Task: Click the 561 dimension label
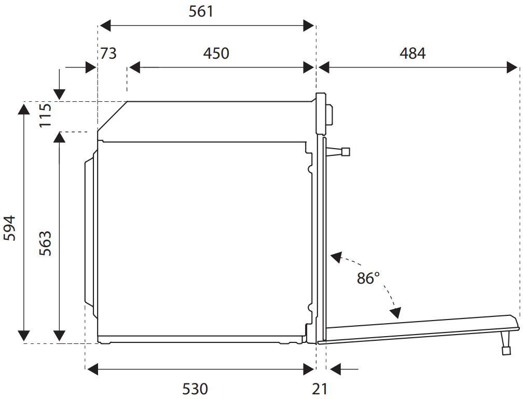click(201, 11)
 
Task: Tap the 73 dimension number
click(108, 54)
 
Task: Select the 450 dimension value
click(216, 54)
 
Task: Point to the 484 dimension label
click(412, 54)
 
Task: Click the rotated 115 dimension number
click(45, 115)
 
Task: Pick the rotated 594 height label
click(9, 228)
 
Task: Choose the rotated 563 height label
click(45, 244)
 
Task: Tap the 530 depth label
click(195, 389)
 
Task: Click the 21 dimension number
click(320, 389)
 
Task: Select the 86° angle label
click(368, 278)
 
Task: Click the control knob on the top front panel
click(329, 115)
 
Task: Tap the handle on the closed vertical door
click(338, 152)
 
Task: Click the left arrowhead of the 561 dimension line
click(105, 25)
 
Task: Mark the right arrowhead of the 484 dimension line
click(512, 67)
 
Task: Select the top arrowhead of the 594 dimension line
click(24, 110)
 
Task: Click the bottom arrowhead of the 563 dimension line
click(59, 335)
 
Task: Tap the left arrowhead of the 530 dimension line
click(92, 369)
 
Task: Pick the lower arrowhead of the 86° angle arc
click(395, 313)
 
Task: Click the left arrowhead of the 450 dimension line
click(134, 67)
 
